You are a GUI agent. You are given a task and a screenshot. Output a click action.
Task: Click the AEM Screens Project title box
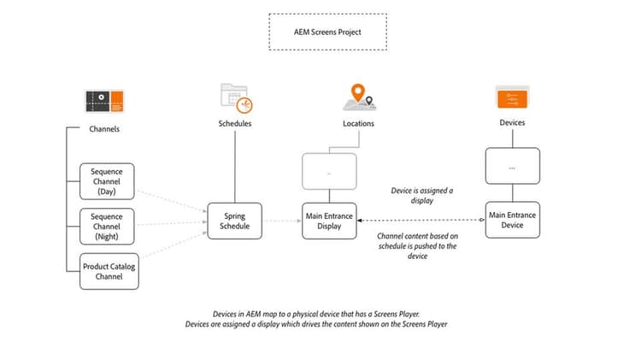[x=327, y=32]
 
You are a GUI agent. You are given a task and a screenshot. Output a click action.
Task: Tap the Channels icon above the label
[x=105, y=102]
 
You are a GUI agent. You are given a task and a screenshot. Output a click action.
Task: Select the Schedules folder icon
[x=235, y=98]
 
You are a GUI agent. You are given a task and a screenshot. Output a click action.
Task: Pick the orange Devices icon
[x=512, y=98]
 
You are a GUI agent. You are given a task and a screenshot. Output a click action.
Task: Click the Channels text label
[x=104, y=130]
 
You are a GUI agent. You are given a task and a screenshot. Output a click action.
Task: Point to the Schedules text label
[x=235, y=124]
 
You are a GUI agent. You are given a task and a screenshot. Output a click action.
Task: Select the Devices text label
[x=512, y=123]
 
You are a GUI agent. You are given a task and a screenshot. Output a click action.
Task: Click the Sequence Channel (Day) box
[x=108, y=180]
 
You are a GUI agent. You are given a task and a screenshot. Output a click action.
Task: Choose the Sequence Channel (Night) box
[x=108, y=227]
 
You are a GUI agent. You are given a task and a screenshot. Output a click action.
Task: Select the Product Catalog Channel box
[x=109, y=272]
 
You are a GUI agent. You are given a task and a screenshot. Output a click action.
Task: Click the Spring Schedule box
[x=235, y=221]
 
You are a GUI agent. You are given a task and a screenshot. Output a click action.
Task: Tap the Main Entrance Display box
[x=329, y=221]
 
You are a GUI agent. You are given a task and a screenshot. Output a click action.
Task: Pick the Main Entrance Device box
[x=512, y=220]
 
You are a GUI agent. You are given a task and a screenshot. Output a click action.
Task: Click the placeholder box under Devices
[x=512, y=166]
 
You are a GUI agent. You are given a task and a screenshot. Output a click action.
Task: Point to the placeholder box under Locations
[x=329, y=170]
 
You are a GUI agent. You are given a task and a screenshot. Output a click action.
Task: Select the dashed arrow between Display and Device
[x=420, y=221]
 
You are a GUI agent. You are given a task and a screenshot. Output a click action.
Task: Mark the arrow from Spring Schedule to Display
[x=282, y=221]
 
